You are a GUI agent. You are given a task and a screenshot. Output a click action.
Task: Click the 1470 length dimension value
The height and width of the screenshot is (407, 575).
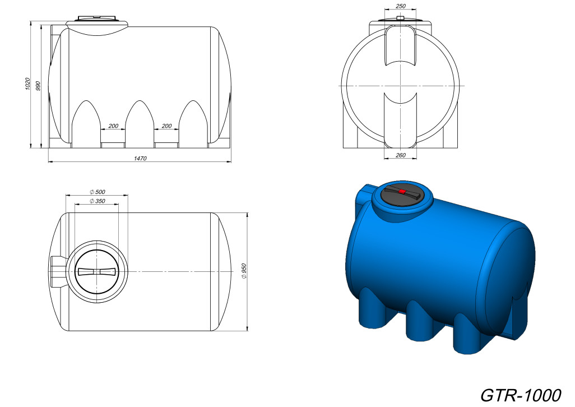pyautogui.click(x=140, y=159)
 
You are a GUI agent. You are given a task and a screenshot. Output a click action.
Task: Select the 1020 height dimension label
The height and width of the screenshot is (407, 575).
pyautogui.click(x=27, y=84)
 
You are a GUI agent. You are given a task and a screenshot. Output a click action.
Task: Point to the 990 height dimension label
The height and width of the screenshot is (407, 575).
pyautogui.click(x=38, y=86)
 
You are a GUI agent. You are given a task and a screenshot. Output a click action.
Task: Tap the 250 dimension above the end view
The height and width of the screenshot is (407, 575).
pyautogui.click(x=401, y=6)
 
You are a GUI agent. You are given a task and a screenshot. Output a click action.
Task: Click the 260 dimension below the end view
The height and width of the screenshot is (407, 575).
pyautogui.click(x=401, y=155)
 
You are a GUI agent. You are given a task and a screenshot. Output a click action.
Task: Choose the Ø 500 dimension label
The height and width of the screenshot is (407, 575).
pyautogui.click(x=97, y=192)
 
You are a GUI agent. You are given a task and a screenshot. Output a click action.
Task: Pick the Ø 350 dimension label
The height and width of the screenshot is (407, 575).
pyautogui.click(x=97, y=201)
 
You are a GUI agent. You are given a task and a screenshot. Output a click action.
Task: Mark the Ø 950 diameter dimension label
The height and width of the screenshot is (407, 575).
pyautogui.click(x=244, y=271)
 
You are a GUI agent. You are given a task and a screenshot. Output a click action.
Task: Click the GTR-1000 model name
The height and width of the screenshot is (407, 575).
pyautogui.click(x=521, y=395)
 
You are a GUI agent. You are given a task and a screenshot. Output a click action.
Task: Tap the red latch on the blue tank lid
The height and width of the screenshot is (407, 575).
pyautogui.click(x=402, y=192)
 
